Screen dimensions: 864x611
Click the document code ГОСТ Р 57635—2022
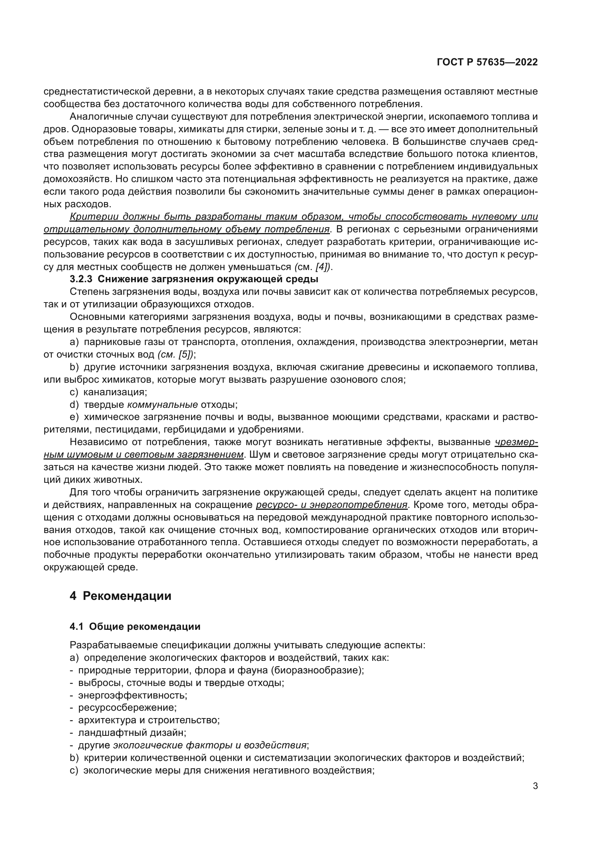tap(487, 62)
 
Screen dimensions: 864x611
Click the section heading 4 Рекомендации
tap(120, 596)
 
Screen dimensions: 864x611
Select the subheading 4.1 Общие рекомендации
tap(135, 626)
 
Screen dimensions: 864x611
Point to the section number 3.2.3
tap(81, 279)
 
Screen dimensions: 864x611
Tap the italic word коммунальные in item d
tap(163, 404)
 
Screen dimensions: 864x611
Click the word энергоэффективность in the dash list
tap(133, 695)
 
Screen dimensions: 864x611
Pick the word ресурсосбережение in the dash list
tap(127, 707)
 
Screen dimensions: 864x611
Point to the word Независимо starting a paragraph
tap(96, 442)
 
